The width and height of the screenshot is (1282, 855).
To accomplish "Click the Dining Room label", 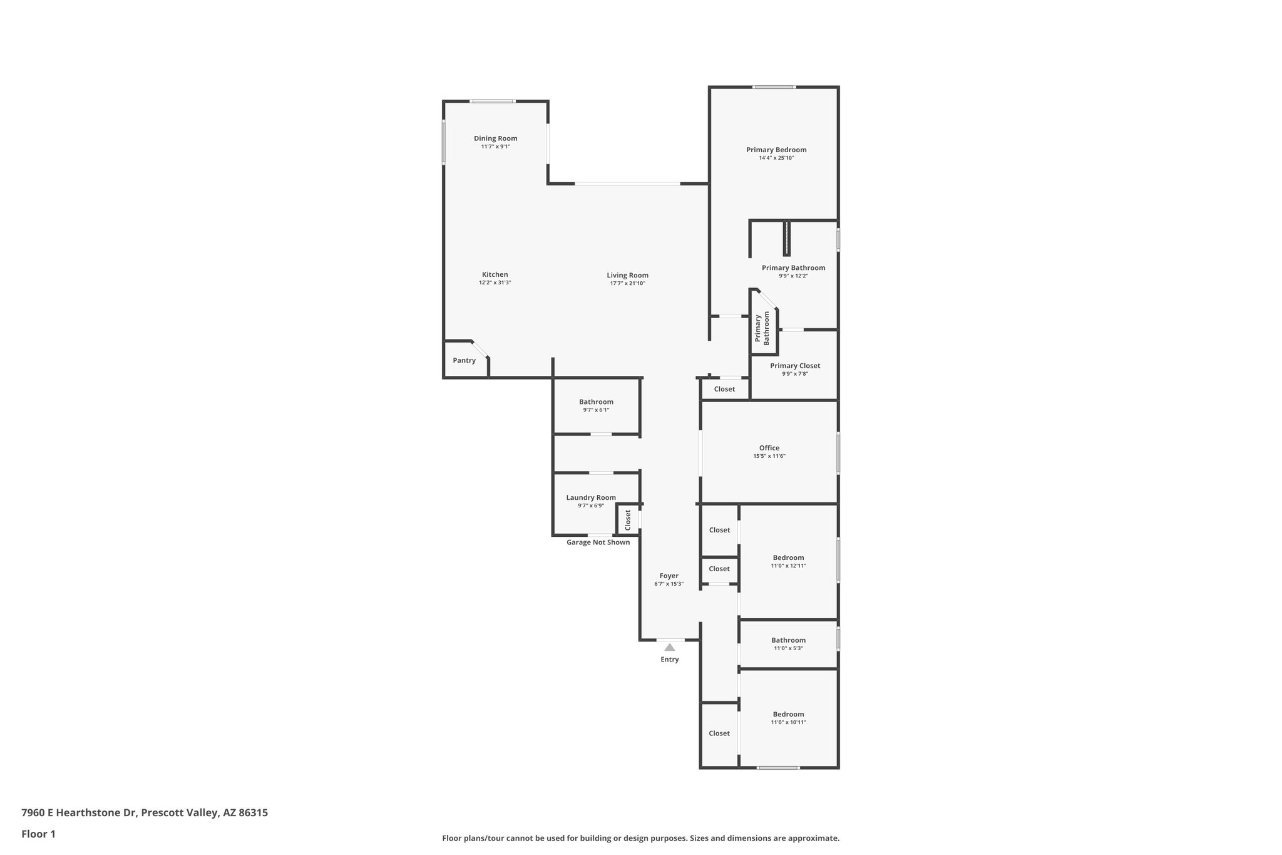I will (495, 138).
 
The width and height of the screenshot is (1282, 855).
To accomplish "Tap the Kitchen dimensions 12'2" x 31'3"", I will (495, 283).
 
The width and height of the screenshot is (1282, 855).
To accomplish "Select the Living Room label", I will (627, 275).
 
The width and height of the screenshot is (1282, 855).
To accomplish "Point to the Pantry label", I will (464, 360).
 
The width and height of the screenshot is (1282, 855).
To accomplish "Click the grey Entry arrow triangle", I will (670, 647).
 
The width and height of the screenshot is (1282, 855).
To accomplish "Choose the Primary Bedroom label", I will (776, 150).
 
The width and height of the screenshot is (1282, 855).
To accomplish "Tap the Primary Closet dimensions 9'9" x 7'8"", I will (795, 374).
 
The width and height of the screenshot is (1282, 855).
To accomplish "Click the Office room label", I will (769, 448).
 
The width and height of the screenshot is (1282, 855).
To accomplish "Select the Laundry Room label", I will (591, 497).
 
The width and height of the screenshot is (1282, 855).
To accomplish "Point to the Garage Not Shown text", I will (598, 542).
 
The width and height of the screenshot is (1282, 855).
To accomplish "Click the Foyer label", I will (669, 576).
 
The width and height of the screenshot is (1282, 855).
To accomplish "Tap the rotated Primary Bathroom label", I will (762, 328).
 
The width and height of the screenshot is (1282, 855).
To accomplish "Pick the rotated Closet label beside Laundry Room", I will (628, 520).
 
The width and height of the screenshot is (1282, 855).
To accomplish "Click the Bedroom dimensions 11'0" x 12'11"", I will (788, 566).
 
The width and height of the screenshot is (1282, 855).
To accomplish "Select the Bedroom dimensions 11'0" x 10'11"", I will (788, 722).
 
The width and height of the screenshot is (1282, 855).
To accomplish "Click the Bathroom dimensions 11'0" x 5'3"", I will (788, 648).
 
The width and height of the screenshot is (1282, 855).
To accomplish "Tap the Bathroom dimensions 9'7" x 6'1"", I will (596, 410).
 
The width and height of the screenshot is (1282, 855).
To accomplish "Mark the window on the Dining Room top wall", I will (493, 101).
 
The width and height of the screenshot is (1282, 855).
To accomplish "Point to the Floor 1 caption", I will (38, 834).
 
